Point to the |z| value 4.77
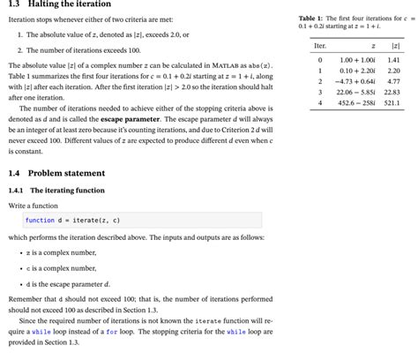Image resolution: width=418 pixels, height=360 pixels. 393,80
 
